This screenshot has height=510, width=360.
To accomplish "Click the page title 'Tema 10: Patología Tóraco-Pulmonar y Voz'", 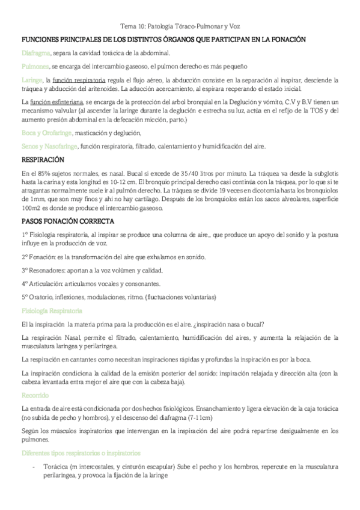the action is [x=180, y=26].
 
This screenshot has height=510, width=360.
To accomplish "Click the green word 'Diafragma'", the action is [x=36, y=53].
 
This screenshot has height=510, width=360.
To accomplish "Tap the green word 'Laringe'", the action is [x=32, y=79].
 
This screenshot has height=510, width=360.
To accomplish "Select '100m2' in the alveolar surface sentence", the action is [x=31, y=207].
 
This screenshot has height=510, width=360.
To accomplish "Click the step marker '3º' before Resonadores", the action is [x=25, y=271].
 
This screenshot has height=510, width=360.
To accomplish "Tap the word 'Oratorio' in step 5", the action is [x=41, y=297].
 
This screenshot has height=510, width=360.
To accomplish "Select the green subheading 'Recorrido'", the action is [x=35, y=379].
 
